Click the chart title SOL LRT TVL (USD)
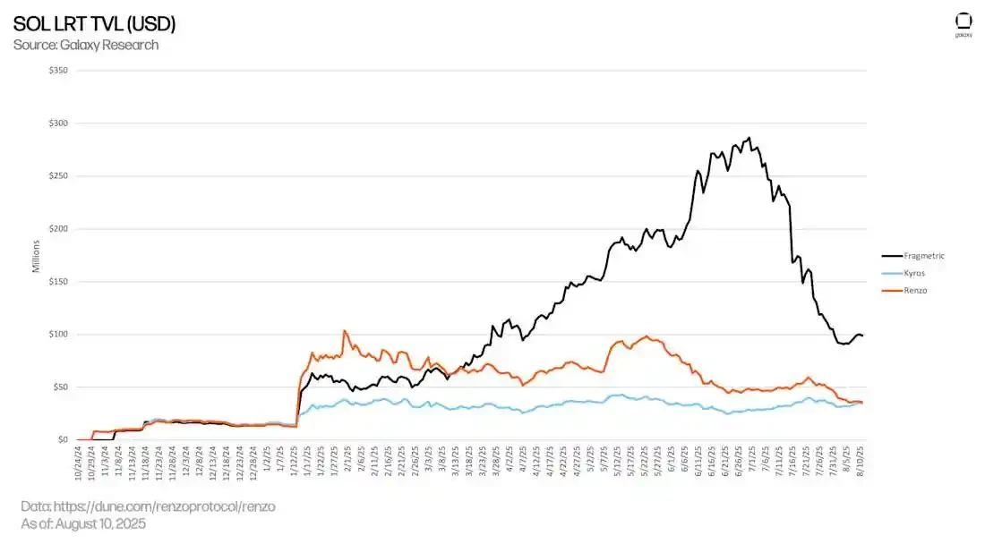[94, 24]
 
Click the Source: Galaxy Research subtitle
[86, 45]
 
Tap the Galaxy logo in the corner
[964, 23]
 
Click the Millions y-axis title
[37, 255]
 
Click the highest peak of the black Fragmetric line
[749, 138]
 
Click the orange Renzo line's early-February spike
[345, 330]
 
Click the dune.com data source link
[148, 506]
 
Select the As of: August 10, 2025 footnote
[83, 523]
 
